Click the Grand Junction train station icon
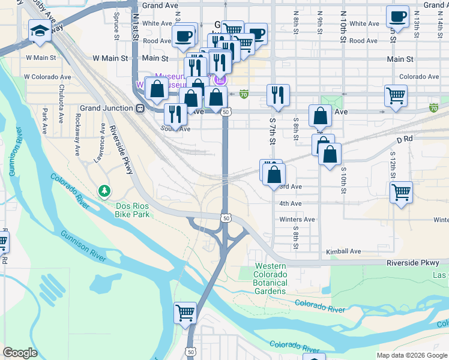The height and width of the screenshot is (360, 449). coord(140,109)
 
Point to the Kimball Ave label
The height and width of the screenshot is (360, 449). coord(343,251)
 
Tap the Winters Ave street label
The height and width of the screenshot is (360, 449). coord(297,220)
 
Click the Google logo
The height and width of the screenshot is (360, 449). coord(20,353)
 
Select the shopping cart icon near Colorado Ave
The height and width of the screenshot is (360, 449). coord(396,96)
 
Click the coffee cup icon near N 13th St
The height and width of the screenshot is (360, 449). coord(397,17)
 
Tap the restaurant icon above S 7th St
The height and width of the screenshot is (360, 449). coord(278,95)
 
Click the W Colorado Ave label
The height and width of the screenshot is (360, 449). coord(47,77)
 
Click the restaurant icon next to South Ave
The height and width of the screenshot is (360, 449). coord(175,114)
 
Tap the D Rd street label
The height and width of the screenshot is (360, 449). coord(405,139)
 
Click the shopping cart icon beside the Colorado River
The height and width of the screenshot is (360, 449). coord(185,313)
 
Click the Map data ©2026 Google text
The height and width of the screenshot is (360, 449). coord(411,355)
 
